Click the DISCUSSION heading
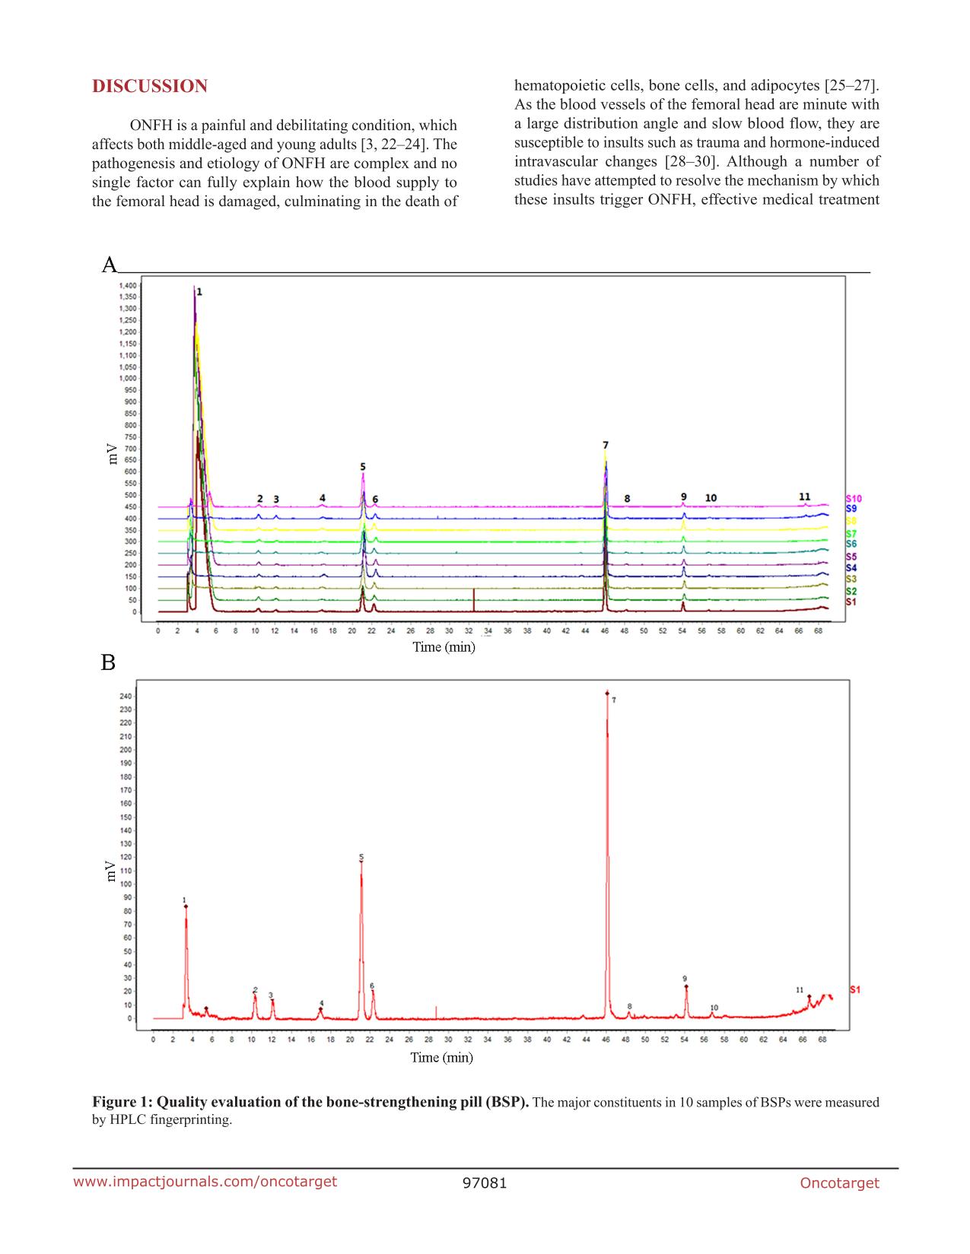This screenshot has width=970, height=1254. pyautogui.click(x=149, y=87)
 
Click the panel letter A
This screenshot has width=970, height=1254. pyautogui.click(x=110, y=265)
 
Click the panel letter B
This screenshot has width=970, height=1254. pyautogui.click(x=108, y=663)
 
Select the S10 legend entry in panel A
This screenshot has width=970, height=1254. pyautogui.click(x=854, y=499)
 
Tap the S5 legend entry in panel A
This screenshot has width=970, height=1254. pyautogui.click(x=851, y=557)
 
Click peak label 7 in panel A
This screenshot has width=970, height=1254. pyautogui.click(x=606, y=445)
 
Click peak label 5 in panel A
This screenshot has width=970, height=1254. pyautogui.click(x=363, y=466)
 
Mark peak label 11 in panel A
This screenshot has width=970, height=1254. pyautogui.click(x=804, y=497)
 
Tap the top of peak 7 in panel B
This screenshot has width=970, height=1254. pyautogui.click(x=607, y=694)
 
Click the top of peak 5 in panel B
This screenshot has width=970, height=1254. pyautogui.click(x=361, y=862)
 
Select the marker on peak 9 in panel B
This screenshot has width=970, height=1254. pyautogui.click(x=686, y=987)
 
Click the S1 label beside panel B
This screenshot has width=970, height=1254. pyautogui.click(x=854, y=990)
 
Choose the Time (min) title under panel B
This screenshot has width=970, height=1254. pyautogui.click(x=441, y=1057)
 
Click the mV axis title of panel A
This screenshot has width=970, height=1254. pyautogui.click(x=112, y=453)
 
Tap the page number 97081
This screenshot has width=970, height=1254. pyautogui.click(x=485, y=1183)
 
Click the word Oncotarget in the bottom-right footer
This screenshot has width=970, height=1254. pyautogui.click(x=839, y=1183)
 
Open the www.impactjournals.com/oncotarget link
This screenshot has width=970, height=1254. pyautogui.click(x=205, y=1181)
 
